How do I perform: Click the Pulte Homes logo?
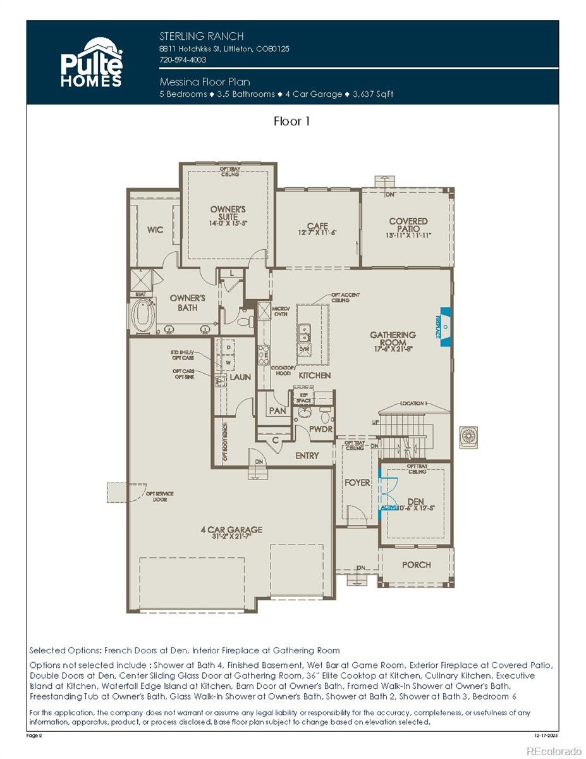[90, 62]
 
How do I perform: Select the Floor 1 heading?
[291, 121]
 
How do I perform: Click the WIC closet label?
[155, 230]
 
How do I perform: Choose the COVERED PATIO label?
[408, 226]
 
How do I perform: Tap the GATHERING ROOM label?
[393, 339]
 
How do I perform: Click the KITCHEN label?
[315, 375]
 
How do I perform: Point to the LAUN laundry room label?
[240, 377]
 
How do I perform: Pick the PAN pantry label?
[278, 410]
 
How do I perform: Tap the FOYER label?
[357, 482]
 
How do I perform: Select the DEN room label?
[415, 502]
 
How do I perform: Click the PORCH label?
[416, 564]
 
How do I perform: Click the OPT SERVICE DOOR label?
[159, 497]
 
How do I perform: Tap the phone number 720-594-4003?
[183, 59]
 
